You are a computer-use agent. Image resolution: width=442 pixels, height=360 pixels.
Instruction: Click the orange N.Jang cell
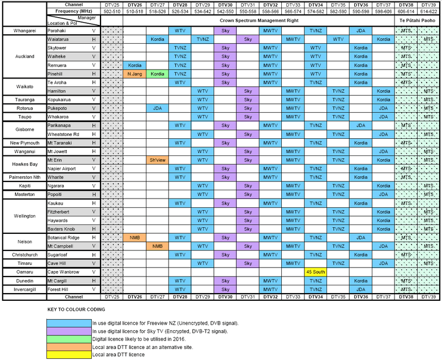click(x=135, y=74)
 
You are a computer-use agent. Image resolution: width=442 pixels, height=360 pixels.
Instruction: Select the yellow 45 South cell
click(x=315, y=272)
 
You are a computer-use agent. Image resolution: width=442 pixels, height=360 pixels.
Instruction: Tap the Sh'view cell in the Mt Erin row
click(x=157, y=160)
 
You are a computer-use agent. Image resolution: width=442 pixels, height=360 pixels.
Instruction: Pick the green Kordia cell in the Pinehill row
click(x=157, y=74)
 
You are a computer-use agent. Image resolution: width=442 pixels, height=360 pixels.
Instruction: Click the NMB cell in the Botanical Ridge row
click(x=135, y=237)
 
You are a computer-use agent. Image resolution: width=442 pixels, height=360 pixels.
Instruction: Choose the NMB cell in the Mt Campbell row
click(x=157, y=246)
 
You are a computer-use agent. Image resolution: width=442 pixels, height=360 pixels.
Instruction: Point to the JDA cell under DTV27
click(x=157, y=108)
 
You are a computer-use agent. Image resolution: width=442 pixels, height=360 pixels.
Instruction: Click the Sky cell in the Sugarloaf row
click(x=225, y=254)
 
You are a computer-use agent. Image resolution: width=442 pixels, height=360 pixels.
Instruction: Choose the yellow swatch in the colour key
click(x=69, y=354)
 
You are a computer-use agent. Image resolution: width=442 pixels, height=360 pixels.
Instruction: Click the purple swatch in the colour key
click(x=69, y=330)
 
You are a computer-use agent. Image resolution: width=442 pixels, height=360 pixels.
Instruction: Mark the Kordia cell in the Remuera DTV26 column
click(x=135, y=65)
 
